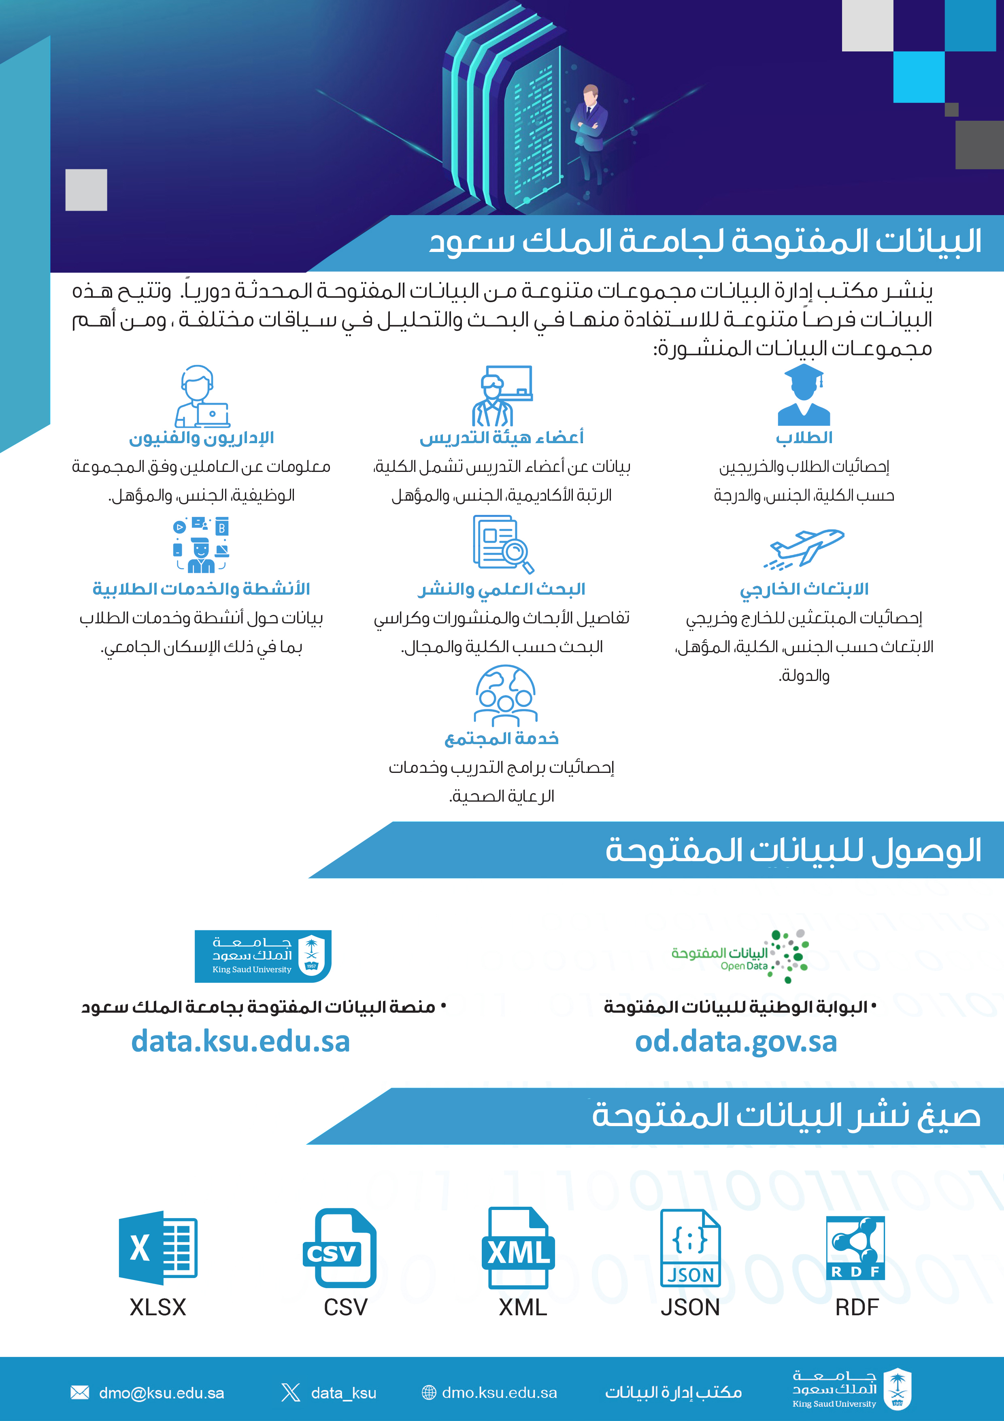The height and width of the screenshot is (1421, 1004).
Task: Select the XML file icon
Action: coord(518,1248)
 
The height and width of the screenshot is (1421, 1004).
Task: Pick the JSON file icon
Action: coord(690,1248)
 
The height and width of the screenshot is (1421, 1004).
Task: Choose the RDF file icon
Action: coord(855,1248)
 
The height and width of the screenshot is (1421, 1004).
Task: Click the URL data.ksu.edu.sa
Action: coord(240,1041)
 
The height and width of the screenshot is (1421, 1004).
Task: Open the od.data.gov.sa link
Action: coord(736,1041)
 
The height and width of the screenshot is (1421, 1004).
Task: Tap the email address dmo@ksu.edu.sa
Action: coord(162,1393)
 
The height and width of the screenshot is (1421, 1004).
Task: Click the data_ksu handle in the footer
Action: coord(343,1393)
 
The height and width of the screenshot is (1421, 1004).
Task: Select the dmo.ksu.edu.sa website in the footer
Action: coord(499,1393)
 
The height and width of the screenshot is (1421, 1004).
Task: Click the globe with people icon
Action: coord(505,695)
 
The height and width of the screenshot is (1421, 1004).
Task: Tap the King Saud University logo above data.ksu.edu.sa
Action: coord(263,956)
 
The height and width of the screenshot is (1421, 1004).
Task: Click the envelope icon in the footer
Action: coord(80,1393)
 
